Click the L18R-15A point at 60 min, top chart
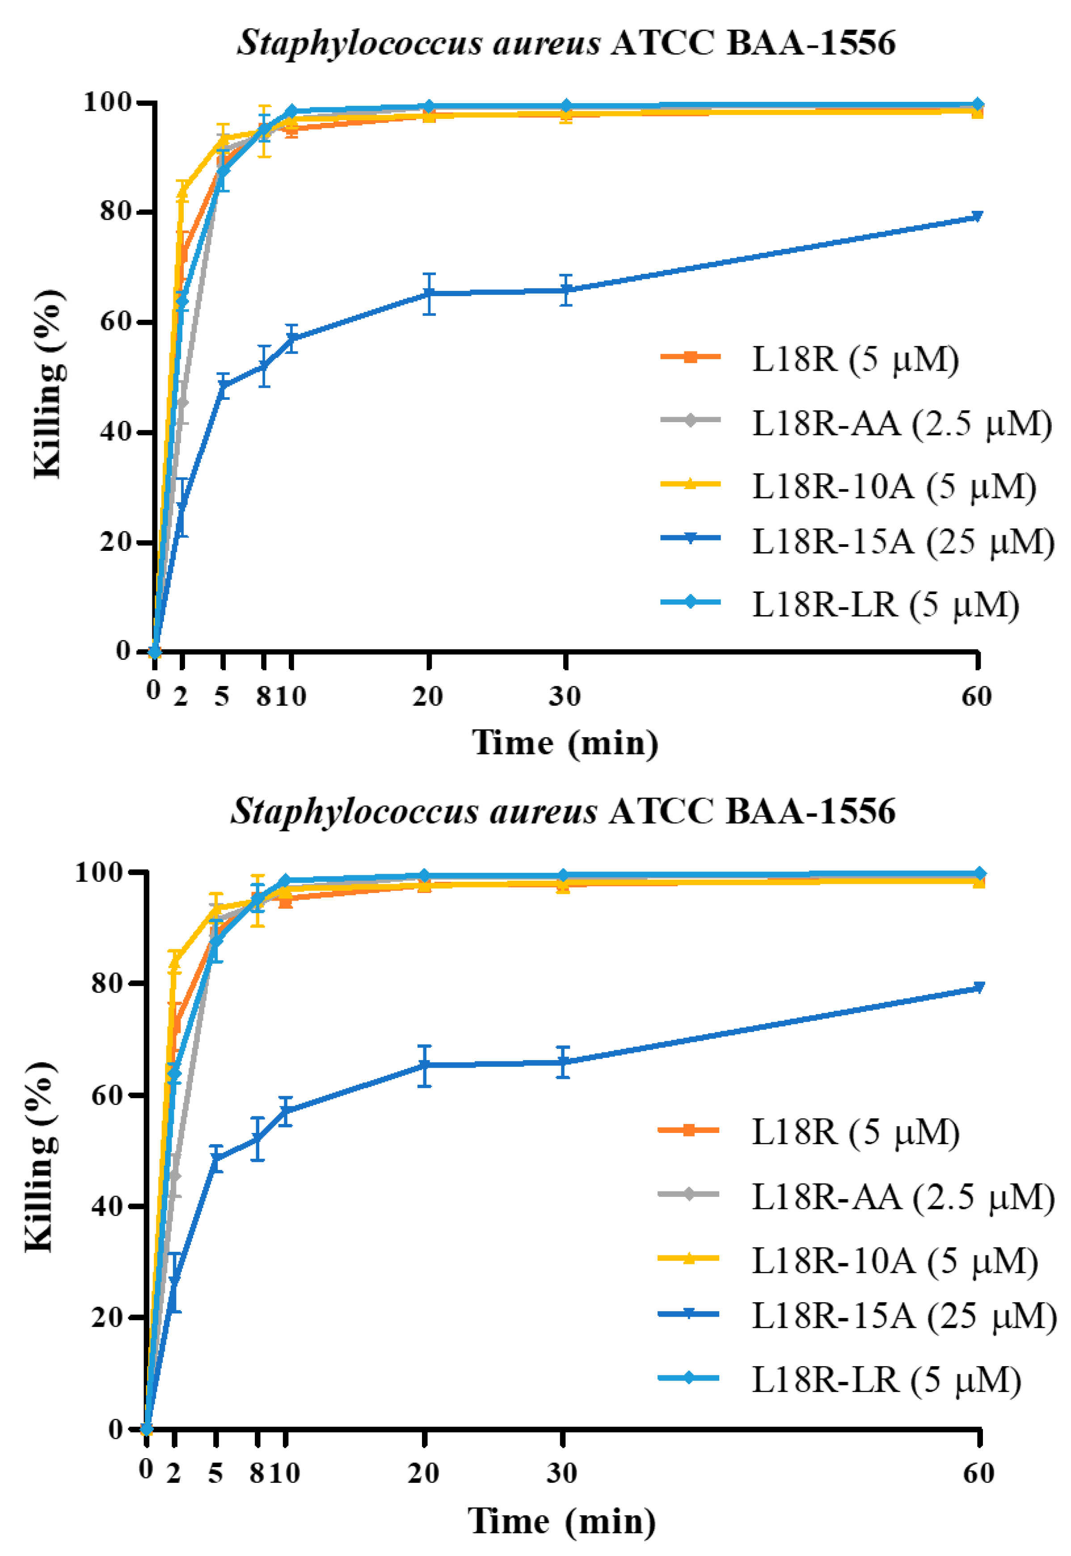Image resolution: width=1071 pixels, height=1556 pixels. click(x=978, y=216)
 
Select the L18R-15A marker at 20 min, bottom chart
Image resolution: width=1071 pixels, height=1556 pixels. click(x=424, y=1065)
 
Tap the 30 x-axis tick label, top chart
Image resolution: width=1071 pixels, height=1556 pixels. click(x=565, y=696)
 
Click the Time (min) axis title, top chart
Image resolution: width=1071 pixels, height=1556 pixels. click(x=565, y=743)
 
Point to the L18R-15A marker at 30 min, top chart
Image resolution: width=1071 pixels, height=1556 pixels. click(x=566, y=290)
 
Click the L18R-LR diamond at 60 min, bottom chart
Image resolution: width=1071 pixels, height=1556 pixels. click(x=979, y=873)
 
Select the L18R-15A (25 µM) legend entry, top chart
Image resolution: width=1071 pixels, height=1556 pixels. click(x=902, y=542)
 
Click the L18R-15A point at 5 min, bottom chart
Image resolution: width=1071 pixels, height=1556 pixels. click(x=215, y=1159)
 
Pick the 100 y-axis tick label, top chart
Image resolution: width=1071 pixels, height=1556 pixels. click(x=107, y=102)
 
